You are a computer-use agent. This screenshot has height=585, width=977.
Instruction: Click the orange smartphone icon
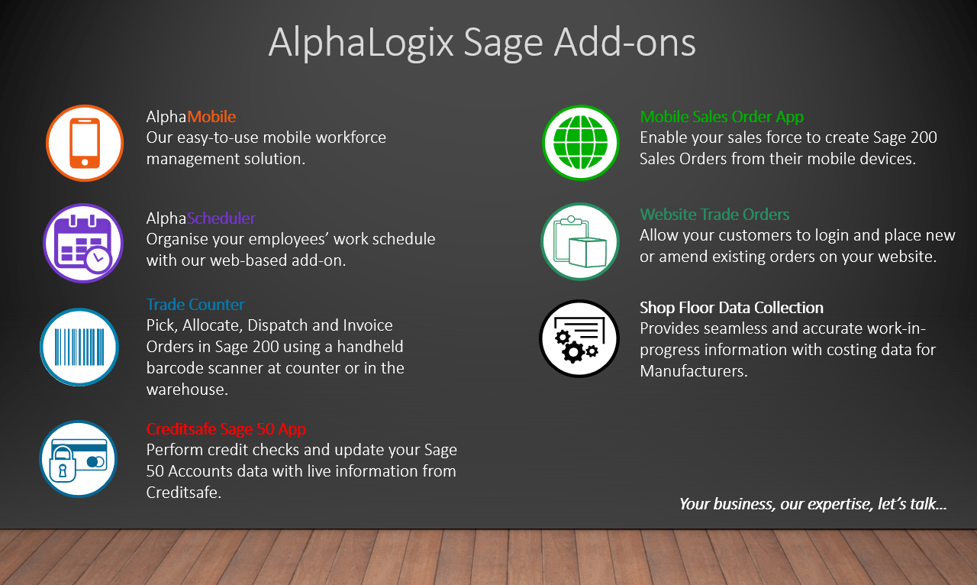coord(85,143)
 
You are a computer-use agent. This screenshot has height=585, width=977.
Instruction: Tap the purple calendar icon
coord(83,243)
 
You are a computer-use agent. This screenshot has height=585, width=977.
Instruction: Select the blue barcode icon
coord(79,347)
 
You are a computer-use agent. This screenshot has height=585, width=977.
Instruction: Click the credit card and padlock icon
coord(79,459)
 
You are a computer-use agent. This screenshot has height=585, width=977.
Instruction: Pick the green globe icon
coord(581,143)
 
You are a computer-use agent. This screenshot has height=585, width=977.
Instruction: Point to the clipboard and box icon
coord(580,241)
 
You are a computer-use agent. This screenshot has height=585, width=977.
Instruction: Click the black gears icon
coord(579,338)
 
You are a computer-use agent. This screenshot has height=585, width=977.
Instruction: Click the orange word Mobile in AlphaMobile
coord(211,117)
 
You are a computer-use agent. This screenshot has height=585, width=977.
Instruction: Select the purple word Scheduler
coord(221,218)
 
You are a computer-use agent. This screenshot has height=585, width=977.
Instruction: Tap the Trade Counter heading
coord(195,304)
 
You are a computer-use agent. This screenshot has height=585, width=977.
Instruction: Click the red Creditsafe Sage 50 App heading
coord(226,428)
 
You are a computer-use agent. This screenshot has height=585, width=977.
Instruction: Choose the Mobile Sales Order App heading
coord(722,117)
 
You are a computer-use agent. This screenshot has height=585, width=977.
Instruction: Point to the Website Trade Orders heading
coord(714,215)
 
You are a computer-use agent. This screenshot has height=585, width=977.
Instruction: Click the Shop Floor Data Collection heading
coord(731,307)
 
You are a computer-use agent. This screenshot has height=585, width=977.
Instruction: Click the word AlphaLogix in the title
coord(361,43)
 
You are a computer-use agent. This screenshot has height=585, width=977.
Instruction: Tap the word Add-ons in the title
coord(624,42)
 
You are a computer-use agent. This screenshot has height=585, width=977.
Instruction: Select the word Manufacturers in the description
coord(694,371)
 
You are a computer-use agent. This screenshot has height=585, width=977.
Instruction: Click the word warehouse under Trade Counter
coord(187,389)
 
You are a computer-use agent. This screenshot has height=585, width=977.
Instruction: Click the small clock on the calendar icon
coord(98,260)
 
